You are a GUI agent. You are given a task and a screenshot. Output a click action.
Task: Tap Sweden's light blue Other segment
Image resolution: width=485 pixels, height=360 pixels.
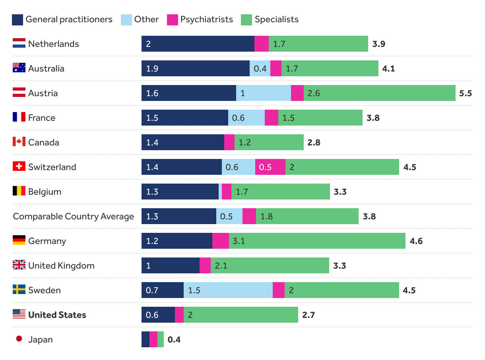pos(228,290)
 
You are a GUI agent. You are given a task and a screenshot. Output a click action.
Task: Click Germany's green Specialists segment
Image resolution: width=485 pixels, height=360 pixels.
pos(317,241)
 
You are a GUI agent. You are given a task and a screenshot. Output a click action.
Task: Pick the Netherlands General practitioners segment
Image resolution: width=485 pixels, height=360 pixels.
pos(198,44)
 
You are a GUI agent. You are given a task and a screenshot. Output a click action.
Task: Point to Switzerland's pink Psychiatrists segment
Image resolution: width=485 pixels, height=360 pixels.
pos(270,167)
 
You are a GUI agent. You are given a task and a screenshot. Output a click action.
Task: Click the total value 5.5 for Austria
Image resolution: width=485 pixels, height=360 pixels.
pos(465,93)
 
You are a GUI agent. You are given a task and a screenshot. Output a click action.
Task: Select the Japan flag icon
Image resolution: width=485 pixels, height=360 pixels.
pos(19,339)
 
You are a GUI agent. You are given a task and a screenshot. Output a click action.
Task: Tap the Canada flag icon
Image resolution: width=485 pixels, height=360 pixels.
pos(19,142)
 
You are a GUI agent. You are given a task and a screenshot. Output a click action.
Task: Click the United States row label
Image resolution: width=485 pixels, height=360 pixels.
pos(57,315)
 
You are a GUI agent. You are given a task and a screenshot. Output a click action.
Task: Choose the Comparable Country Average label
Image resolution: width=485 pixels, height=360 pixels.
pos(74,216)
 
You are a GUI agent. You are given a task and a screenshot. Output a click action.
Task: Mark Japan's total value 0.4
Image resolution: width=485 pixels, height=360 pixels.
pos(174,340)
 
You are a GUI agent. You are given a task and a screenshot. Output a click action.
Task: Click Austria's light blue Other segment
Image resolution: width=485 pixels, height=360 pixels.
pos(263,93)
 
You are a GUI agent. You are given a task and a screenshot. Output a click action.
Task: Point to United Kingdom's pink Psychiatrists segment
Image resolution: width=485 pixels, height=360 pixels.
pos(205,265)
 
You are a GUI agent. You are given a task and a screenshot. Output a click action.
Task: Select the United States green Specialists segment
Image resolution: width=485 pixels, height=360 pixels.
pos(241,315)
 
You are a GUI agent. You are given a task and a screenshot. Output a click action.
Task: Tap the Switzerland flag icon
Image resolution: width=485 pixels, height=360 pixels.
pos(19,166)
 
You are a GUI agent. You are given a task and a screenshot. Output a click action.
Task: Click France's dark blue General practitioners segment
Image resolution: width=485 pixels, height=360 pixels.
pos(184,118)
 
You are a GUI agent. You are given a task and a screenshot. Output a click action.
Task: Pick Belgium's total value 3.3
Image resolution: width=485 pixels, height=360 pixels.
pos(340,192)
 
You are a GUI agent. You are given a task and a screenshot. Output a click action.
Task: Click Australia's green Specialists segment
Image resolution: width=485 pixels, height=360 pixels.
pos(330,68)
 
